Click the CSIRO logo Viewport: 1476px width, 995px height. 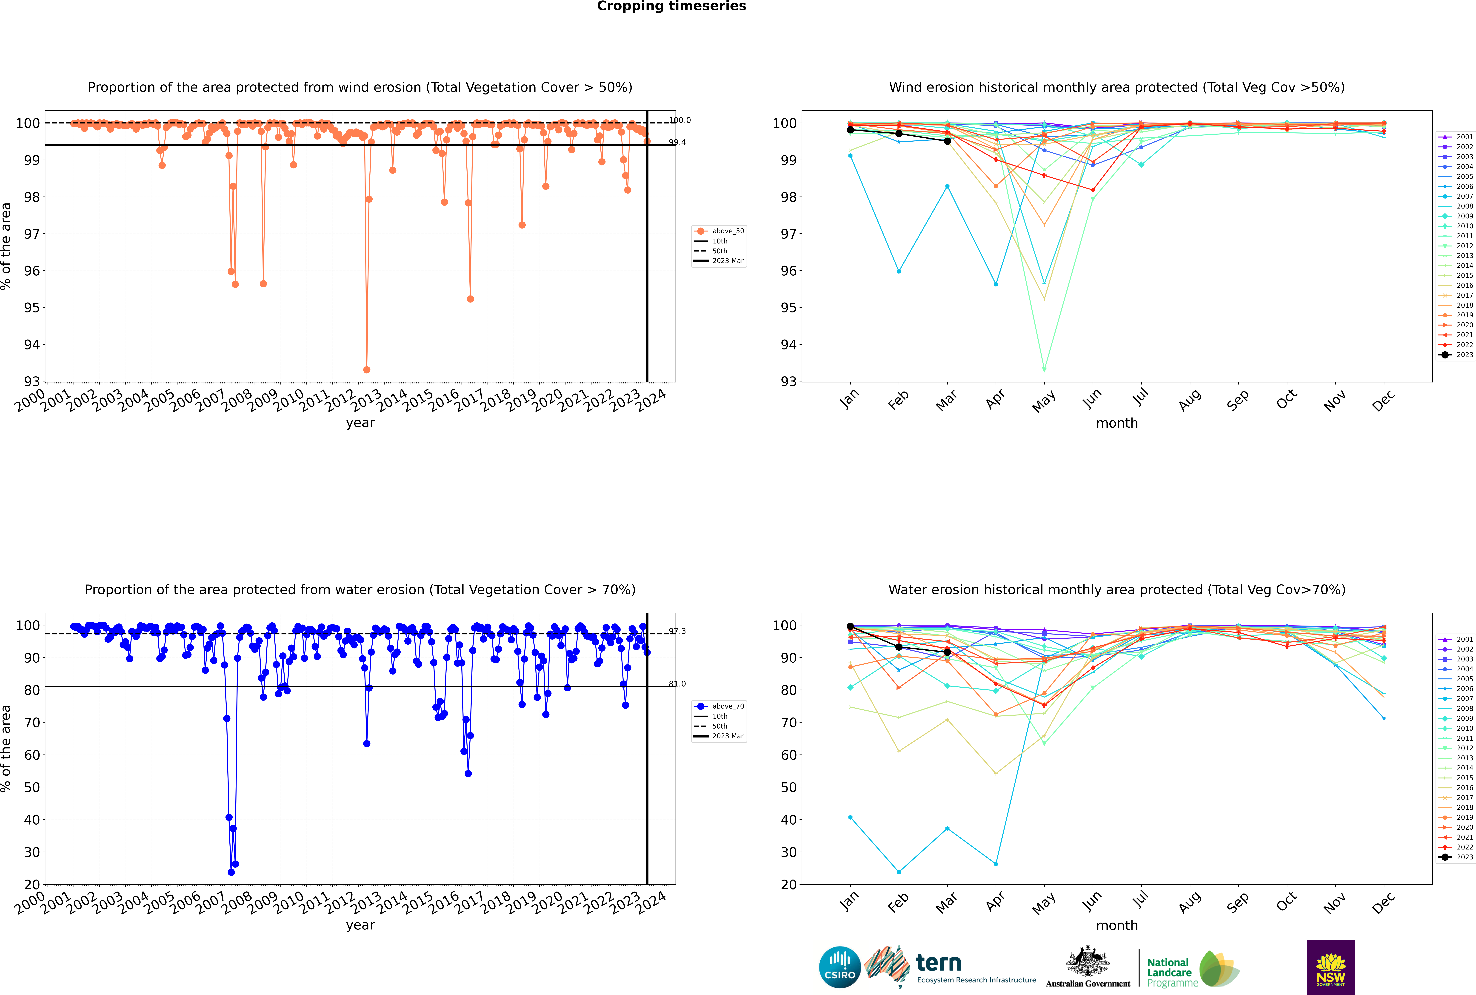pos(839,967)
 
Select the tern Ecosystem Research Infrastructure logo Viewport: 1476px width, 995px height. pos(950,967)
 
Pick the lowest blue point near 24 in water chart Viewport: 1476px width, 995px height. pos(231,872)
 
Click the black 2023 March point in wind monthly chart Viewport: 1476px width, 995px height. pos(947,141)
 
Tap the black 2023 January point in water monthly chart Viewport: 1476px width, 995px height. pos(850,626)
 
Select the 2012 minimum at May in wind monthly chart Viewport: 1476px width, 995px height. pos(1045,369)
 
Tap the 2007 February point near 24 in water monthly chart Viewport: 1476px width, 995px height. pos(899,872)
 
